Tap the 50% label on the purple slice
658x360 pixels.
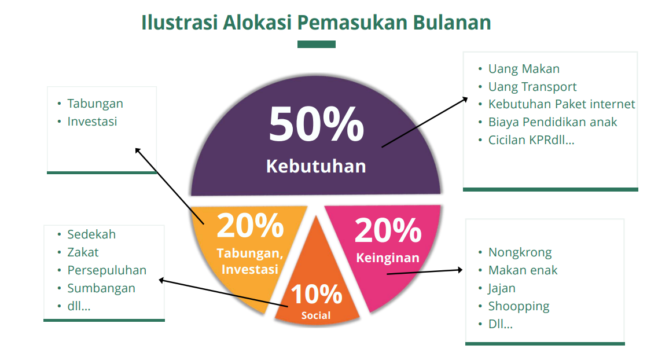click(317, 124)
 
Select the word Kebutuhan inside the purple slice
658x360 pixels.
click(316, 166)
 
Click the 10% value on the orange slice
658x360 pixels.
click(317, 294)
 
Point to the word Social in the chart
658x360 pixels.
click(316, 315)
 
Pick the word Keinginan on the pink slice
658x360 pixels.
click(388, 258)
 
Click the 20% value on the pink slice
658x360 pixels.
click(388, 230)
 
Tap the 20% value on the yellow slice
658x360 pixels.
click(250, 226)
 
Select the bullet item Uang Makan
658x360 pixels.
click(524, 69)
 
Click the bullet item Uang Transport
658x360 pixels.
click(532, 87)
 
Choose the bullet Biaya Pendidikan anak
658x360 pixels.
click(553, 122)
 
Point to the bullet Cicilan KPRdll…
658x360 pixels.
click(531, 140)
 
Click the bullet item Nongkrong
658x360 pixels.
click(520, 252)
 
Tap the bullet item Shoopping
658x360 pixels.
click(519, 307)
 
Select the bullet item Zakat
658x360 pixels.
click(83, 252)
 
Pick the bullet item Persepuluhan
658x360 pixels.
click(107, 271)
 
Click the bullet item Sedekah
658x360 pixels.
click(91, 234)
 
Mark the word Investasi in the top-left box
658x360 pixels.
click(92, 122)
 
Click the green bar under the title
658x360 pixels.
click(317, 44)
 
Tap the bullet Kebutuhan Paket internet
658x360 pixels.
click(561, 104)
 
